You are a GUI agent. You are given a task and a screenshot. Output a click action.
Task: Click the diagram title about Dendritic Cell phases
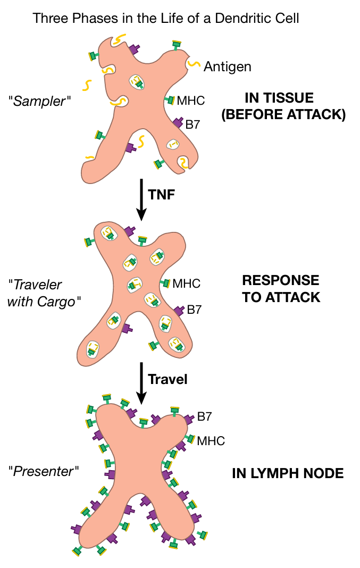[166, 18]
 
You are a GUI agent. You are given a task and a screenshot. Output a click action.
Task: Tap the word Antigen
[228, 66]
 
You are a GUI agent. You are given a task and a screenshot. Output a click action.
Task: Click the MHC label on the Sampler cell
[191, 100]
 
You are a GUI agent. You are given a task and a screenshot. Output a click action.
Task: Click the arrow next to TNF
[141, 199]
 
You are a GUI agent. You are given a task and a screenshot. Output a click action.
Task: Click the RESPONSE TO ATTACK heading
[281, 288]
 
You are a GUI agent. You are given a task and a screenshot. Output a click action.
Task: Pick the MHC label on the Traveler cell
[187, 283]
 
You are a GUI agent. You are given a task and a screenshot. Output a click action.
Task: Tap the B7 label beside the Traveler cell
[195, 310]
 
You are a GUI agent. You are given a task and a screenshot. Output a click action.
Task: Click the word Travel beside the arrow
[168, 380]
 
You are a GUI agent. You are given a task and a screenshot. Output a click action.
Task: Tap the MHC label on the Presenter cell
[211, 441]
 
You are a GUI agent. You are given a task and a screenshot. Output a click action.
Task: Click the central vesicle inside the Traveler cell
[135, 285]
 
